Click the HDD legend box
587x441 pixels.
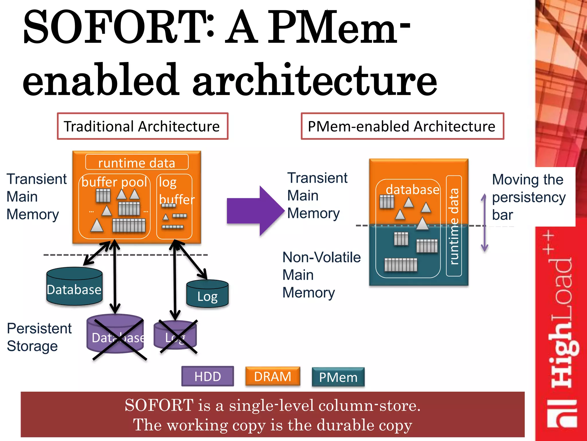pos(208,376)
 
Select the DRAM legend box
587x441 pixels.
pos(273,376)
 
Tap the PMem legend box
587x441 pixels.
pos(338,377)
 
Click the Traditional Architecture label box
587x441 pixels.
pos(142,126)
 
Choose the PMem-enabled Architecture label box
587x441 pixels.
pos(402,126)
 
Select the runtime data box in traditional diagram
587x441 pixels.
pos(137,163)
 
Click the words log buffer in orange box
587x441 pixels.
pos(175,191)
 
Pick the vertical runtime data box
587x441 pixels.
pos(454,226)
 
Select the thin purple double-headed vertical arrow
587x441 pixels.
pos(484,223)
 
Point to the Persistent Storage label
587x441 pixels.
pos(39,337)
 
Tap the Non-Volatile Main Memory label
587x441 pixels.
pos(321,275)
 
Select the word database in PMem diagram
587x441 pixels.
pos(412,190)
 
